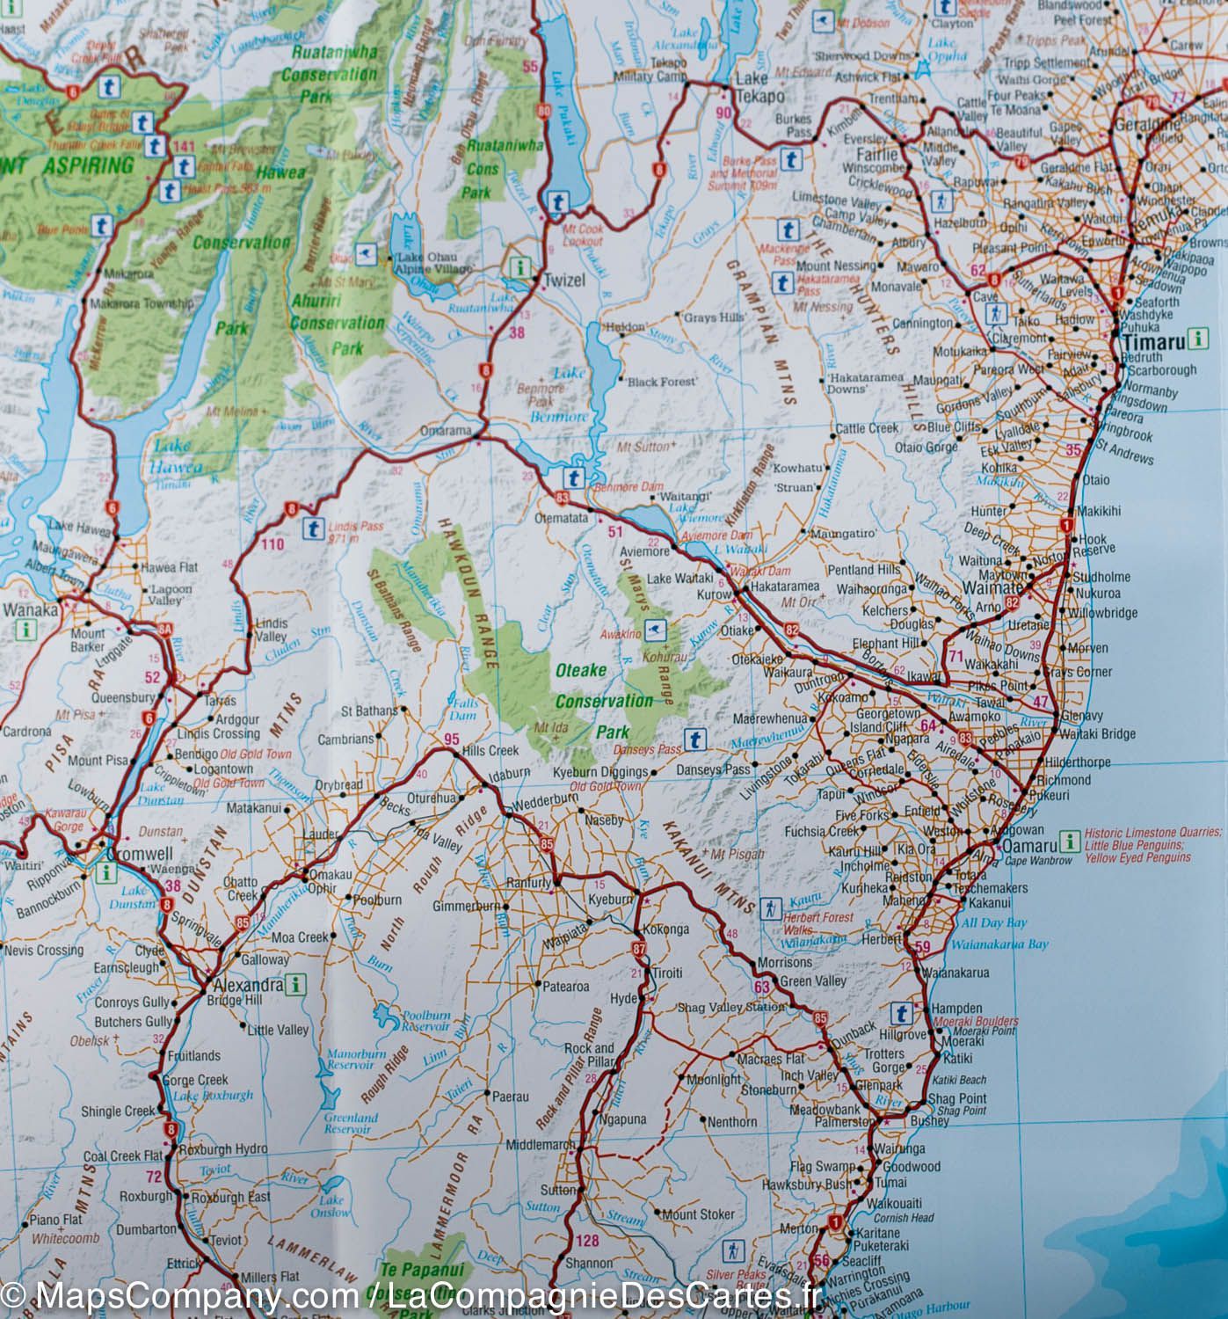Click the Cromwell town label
[x=133, y=853]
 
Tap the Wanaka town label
[x=31, y=610]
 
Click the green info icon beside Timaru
[x=1195, y=338]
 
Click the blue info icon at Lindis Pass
[x=311, y=529]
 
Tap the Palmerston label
[x=847, y=1123]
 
